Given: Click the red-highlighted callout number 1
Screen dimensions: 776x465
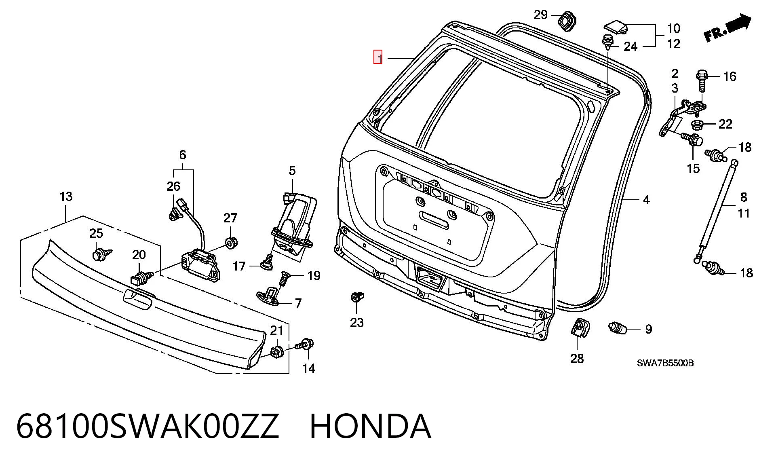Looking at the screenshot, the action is tap(378, 57).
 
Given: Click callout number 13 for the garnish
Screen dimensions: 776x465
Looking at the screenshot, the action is tap(66, 197).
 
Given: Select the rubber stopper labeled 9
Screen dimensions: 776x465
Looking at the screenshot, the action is tap(617, 328).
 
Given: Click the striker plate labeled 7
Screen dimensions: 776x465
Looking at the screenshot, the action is tap(273, 296).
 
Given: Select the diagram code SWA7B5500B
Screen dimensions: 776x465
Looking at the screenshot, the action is tap(665, 363).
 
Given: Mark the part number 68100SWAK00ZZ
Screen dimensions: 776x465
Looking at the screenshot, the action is tap(148, 426).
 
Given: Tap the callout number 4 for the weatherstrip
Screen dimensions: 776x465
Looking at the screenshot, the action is tap(646, 200).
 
